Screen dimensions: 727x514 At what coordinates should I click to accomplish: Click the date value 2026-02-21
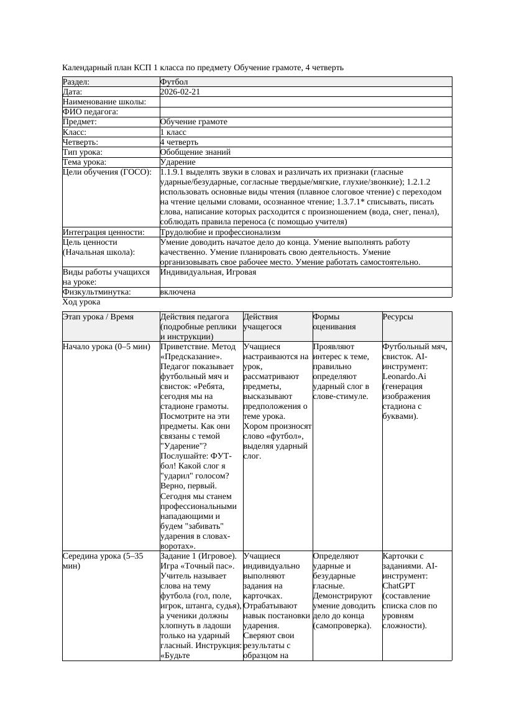point(180,92)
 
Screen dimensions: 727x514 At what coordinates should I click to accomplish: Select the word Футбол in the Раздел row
point(174,82)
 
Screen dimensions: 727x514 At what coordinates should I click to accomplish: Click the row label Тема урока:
point(85,162)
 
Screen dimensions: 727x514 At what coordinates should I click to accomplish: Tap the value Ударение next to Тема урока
point(178,162)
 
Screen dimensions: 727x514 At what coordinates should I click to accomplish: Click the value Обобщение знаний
point(195,152)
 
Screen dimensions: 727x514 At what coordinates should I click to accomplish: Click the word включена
point(178,292)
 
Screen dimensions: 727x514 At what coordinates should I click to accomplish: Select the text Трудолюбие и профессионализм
point(221,232)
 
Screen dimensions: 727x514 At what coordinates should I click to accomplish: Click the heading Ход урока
point(81,302)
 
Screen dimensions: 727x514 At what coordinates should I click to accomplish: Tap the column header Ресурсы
point(398,317)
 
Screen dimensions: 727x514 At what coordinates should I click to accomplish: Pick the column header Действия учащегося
point(262,322)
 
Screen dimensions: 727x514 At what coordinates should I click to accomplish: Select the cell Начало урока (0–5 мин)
point(106,347)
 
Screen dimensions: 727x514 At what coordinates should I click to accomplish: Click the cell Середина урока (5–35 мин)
point(103,561)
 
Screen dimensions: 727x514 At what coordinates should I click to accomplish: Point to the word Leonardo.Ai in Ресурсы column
point(404,377)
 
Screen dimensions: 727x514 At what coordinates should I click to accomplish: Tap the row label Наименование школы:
point(104,102)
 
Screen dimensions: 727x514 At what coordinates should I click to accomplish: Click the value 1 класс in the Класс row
point(173,132)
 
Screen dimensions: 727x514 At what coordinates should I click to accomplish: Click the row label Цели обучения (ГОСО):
point(107,172)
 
